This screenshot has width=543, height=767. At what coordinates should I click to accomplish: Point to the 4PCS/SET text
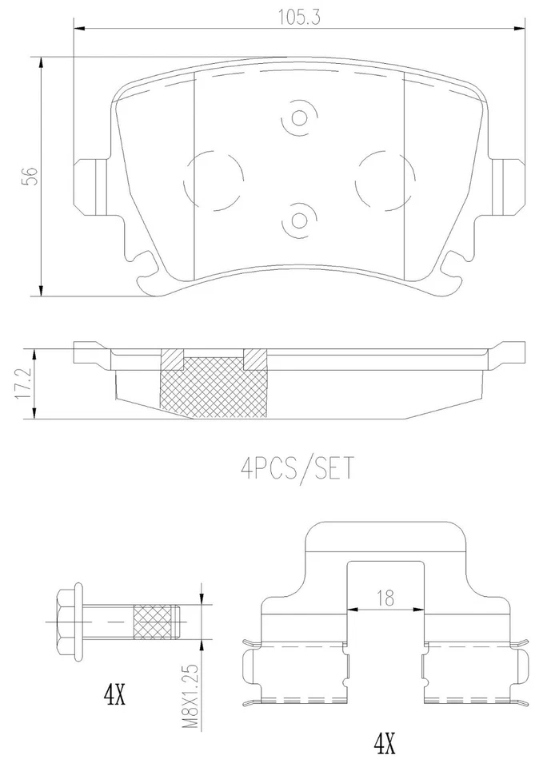[x=294, y=466]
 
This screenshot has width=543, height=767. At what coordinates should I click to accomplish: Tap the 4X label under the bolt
[x=114, y=693]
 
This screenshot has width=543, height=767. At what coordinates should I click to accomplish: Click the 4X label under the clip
[x=385, y=746]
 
